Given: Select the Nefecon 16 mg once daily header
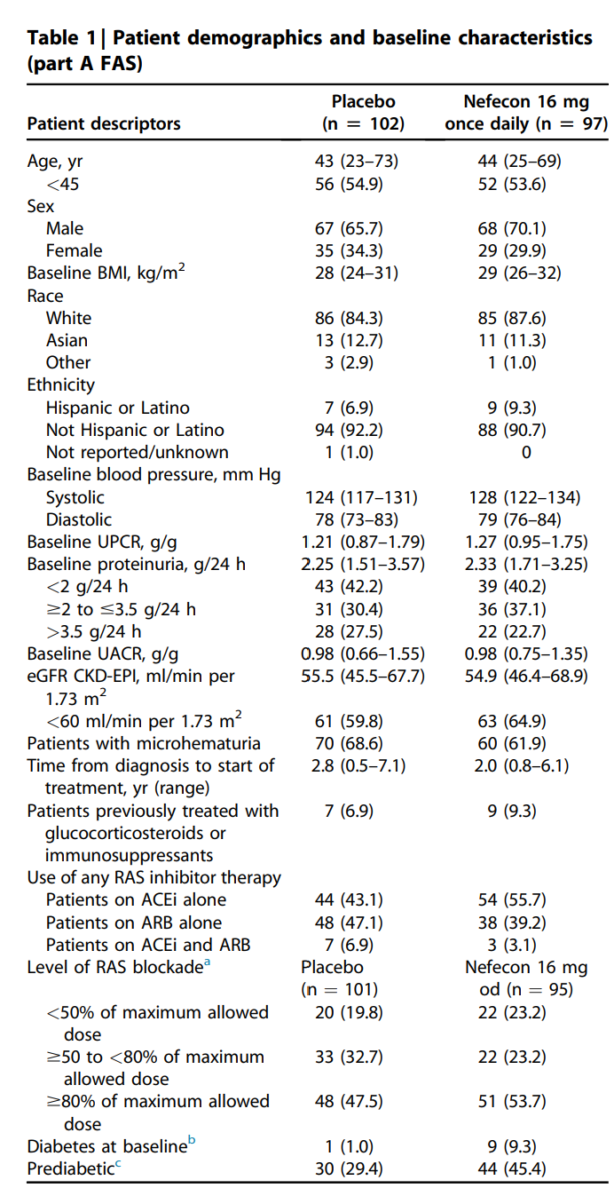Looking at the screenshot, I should pyautogui.click(x=526, y=113).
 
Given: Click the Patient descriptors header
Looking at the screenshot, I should pyautogui.click(x=104, y=123).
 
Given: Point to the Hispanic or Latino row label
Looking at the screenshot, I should pyautogui.click(x=117, y=408).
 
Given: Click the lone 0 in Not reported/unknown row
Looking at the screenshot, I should pyautogui.click(x=526, y=452).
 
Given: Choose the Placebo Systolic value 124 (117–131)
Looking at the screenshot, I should pyautogui.click(x=363, y=497).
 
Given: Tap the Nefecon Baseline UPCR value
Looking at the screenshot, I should pyautogui.click(x=526, y=542).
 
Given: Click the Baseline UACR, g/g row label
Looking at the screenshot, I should pyautogui.click(x=103, y=653).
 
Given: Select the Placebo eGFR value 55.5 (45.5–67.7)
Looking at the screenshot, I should pyautogui.click(x=363, y=676).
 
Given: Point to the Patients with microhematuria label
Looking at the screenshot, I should pyautogui.click(x=144, y=743).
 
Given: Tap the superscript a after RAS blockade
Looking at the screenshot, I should pyautogui.click(x=208, y=963).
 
